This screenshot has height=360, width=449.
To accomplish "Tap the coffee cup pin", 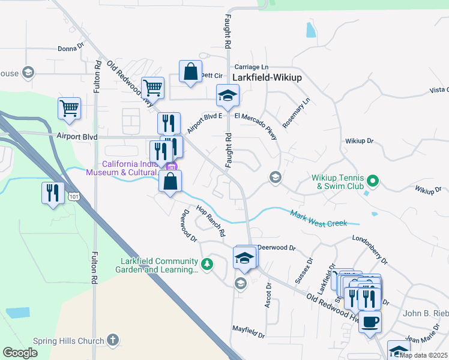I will point(370,322).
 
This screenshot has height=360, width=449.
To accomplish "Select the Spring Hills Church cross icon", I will point(112,341).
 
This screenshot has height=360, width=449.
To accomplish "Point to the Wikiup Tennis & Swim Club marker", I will point(373,180).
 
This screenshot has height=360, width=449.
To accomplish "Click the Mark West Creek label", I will point(319,218).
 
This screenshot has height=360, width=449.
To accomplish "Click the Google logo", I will point(20,352).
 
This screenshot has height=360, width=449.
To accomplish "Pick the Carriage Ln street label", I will point(251,67).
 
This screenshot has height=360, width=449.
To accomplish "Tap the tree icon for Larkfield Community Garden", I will point(207,264).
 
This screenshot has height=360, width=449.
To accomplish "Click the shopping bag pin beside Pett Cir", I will point(190,72).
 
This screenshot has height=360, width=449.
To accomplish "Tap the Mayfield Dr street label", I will point(249,329).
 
